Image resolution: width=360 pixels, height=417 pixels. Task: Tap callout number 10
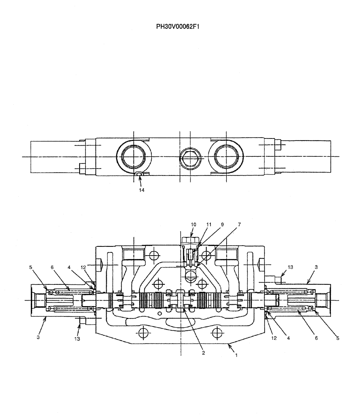coord(194,224)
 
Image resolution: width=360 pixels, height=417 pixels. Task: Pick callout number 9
coord(222,224)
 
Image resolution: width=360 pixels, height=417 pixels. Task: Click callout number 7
coord(239,224)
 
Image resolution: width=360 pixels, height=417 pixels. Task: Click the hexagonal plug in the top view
coord(190,157)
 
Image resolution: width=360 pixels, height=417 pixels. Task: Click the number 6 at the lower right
coord(316,338)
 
